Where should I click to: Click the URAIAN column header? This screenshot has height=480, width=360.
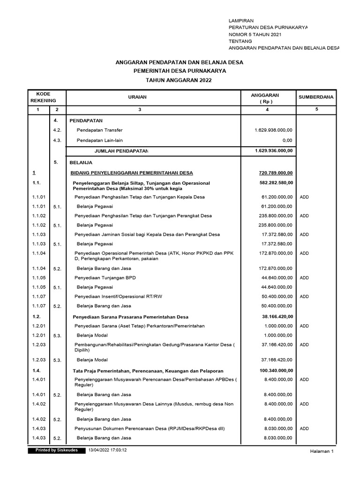[x=138, y=97]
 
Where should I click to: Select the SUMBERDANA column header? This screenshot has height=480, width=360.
[x=316, y=97]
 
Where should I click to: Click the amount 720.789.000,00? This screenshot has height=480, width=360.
[x=276, y=172]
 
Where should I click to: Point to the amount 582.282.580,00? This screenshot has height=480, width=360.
[x=276, y=182]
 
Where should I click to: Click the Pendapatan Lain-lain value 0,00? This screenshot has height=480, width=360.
[x=287, y=140]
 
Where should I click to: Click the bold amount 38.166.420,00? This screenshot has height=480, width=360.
[x=277, y=316]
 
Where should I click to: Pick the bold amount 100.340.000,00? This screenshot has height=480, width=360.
[x=276, y=370]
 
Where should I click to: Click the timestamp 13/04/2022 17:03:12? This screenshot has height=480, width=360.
[x=108, y=450]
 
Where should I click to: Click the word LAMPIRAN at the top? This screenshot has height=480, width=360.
[x=241, y=21]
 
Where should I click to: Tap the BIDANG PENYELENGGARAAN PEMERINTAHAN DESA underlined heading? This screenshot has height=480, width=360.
[x=131, y=173]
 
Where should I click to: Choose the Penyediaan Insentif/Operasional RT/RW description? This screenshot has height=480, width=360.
[x=118, y=296]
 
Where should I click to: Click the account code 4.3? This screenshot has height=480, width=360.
[x=58, y=140]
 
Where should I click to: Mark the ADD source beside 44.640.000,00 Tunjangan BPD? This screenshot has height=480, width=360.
[x=304, y=277]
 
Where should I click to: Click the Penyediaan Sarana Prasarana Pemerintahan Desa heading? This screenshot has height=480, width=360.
[x=130, y=317]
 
